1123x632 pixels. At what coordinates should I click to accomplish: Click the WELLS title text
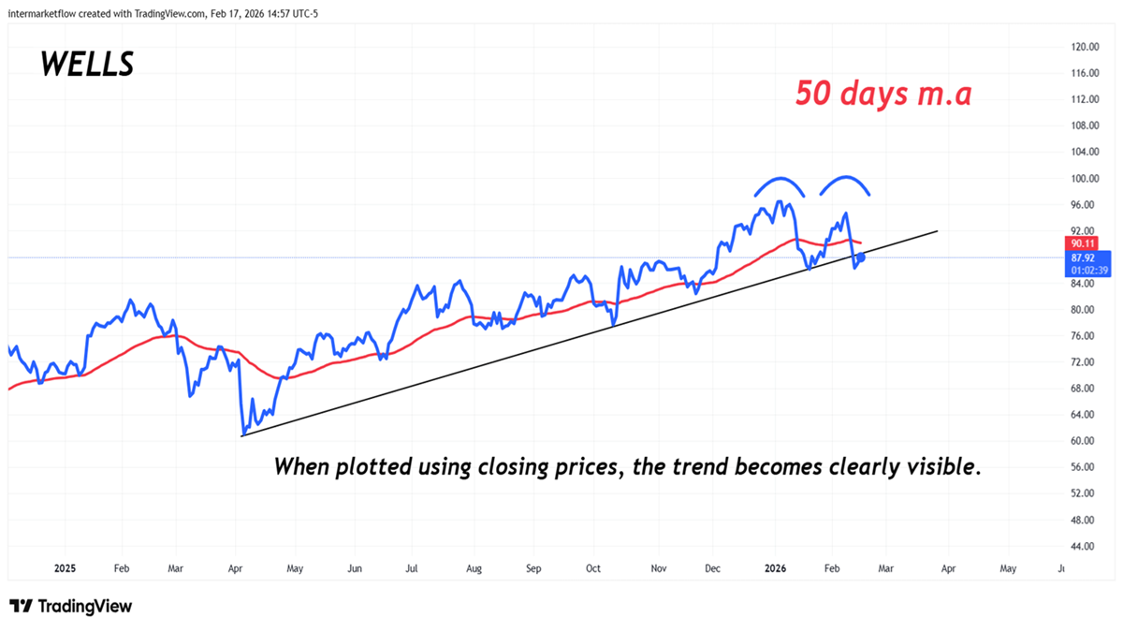click(x=87, y=64)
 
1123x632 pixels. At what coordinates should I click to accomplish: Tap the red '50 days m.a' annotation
click(x=882, y=93)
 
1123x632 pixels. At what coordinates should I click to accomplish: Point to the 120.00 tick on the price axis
click(x=1085, y=47)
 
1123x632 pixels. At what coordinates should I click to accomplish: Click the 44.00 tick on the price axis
click(x=1085, y=546)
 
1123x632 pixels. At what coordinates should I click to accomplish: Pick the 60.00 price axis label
click(x=1085, y=441)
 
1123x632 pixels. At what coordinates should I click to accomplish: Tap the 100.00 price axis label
click(x=1085, y=178)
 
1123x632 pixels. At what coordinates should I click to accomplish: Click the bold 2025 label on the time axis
click(x=65, y=568)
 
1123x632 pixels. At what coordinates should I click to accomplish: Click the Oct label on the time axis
click(x=593, y=568)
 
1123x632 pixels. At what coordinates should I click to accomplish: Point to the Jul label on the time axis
click(x=412, y=568)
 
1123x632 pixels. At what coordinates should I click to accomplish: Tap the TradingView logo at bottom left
click(x=71, y=607)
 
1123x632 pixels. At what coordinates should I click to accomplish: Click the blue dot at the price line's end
click(x=861, y=257)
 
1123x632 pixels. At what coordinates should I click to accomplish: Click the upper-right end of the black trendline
click(x=936, y=229)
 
